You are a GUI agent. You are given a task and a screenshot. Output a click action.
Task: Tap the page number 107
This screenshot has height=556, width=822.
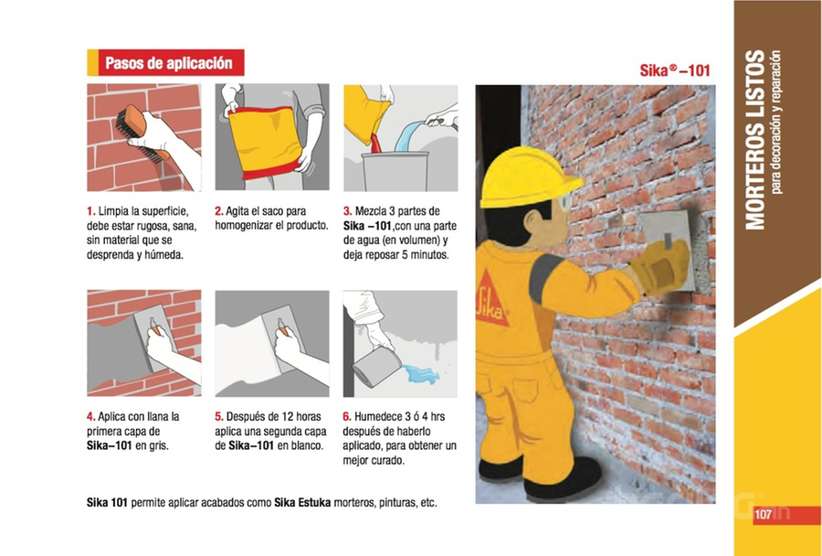763,515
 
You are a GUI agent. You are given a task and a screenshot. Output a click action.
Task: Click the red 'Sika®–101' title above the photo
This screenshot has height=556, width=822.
675,70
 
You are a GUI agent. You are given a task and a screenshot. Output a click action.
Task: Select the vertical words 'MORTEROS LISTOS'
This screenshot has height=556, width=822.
755,140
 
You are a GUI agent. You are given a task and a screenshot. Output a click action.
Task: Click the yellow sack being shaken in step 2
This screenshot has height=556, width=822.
268,141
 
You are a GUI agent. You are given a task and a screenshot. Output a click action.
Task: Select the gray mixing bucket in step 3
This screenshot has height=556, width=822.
395,171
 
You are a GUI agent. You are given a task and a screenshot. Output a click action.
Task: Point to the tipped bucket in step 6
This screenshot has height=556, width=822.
376,366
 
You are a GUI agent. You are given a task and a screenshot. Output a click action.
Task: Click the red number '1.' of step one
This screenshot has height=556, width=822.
91,211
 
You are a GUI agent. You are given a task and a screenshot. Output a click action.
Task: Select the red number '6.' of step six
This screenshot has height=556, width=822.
347,417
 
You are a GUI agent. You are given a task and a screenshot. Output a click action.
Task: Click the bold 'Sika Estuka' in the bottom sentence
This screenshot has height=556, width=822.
302,502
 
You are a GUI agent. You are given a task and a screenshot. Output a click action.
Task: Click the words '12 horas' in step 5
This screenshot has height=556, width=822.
301,417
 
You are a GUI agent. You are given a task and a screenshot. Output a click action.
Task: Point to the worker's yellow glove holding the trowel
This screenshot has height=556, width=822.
661,267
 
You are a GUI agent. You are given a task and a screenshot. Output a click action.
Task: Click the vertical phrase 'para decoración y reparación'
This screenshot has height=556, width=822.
776,123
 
